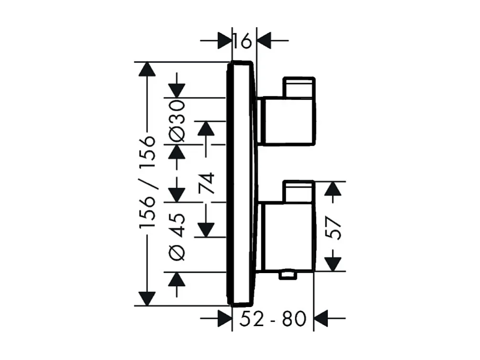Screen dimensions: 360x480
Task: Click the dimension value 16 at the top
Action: (242, 42)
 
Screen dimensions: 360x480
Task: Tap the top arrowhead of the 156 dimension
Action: (147, 70)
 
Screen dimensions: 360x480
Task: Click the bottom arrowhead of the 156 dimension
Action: (147, 297)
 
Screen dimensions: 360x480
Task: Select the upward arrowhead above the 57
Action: (333, 189)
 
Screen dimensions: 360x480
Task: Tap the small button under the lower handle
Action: (288, 275)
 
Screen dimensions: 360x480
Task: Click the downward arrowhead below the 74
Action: (207, 229)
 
